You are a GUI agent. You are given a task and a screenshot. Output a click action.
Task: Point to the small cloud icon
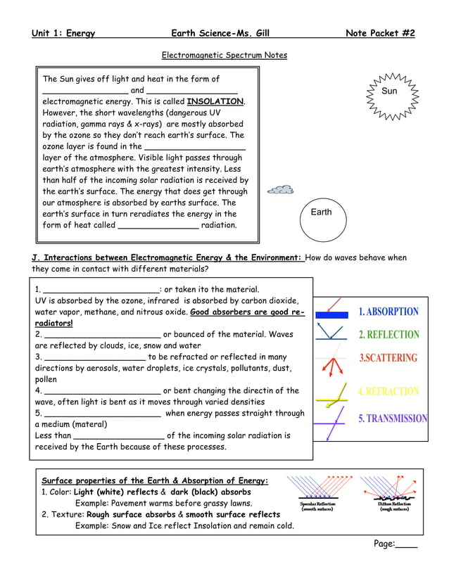(281, 190)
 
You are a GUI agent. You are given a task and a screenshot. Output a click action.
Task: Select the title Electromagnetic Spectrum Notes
(224, 55)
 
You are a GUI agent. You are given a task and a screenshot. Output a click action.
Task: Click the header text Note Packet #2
(380, 33)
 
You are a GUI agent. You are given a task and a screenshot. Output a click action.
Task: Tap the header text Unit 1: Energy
(63, 33)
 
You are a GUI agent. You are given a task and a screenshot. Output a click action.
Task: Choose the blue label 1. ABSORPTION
(388, 312)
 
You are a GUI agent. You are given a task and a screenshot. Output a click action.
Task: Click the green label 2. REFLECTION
(388, 335)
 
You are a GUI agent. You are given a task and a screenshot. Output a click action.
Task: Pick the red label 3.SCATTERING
(388, 358)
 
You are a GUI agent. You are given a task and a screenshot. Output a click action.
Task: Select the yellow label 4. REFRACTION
(388, 391)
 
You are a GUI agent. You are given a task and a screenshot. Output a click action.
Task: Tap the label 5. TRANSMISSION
(393, 419)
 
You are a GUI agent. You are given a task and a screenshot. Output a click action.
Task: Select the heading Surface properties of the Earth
(155, 480)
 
